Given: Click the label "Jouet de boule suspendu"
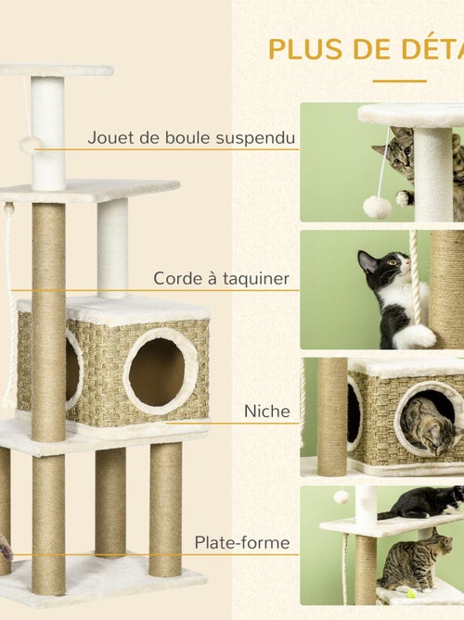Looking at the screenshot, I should tap(191, 138).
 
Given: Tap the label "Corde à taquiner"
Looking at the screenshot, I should tap(221, 278).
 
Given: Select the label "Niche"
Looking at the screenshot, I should tap(265, 410).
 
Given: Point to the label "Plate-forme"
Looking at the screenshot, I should tap(241, 542).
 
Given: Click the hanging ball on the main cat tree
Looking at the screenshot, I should tap(31, 145).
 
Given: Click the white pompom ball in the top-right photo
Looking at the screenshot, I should tap(377, 207).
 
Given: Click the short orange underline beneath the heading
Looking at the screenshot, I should tap(399, 81).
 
